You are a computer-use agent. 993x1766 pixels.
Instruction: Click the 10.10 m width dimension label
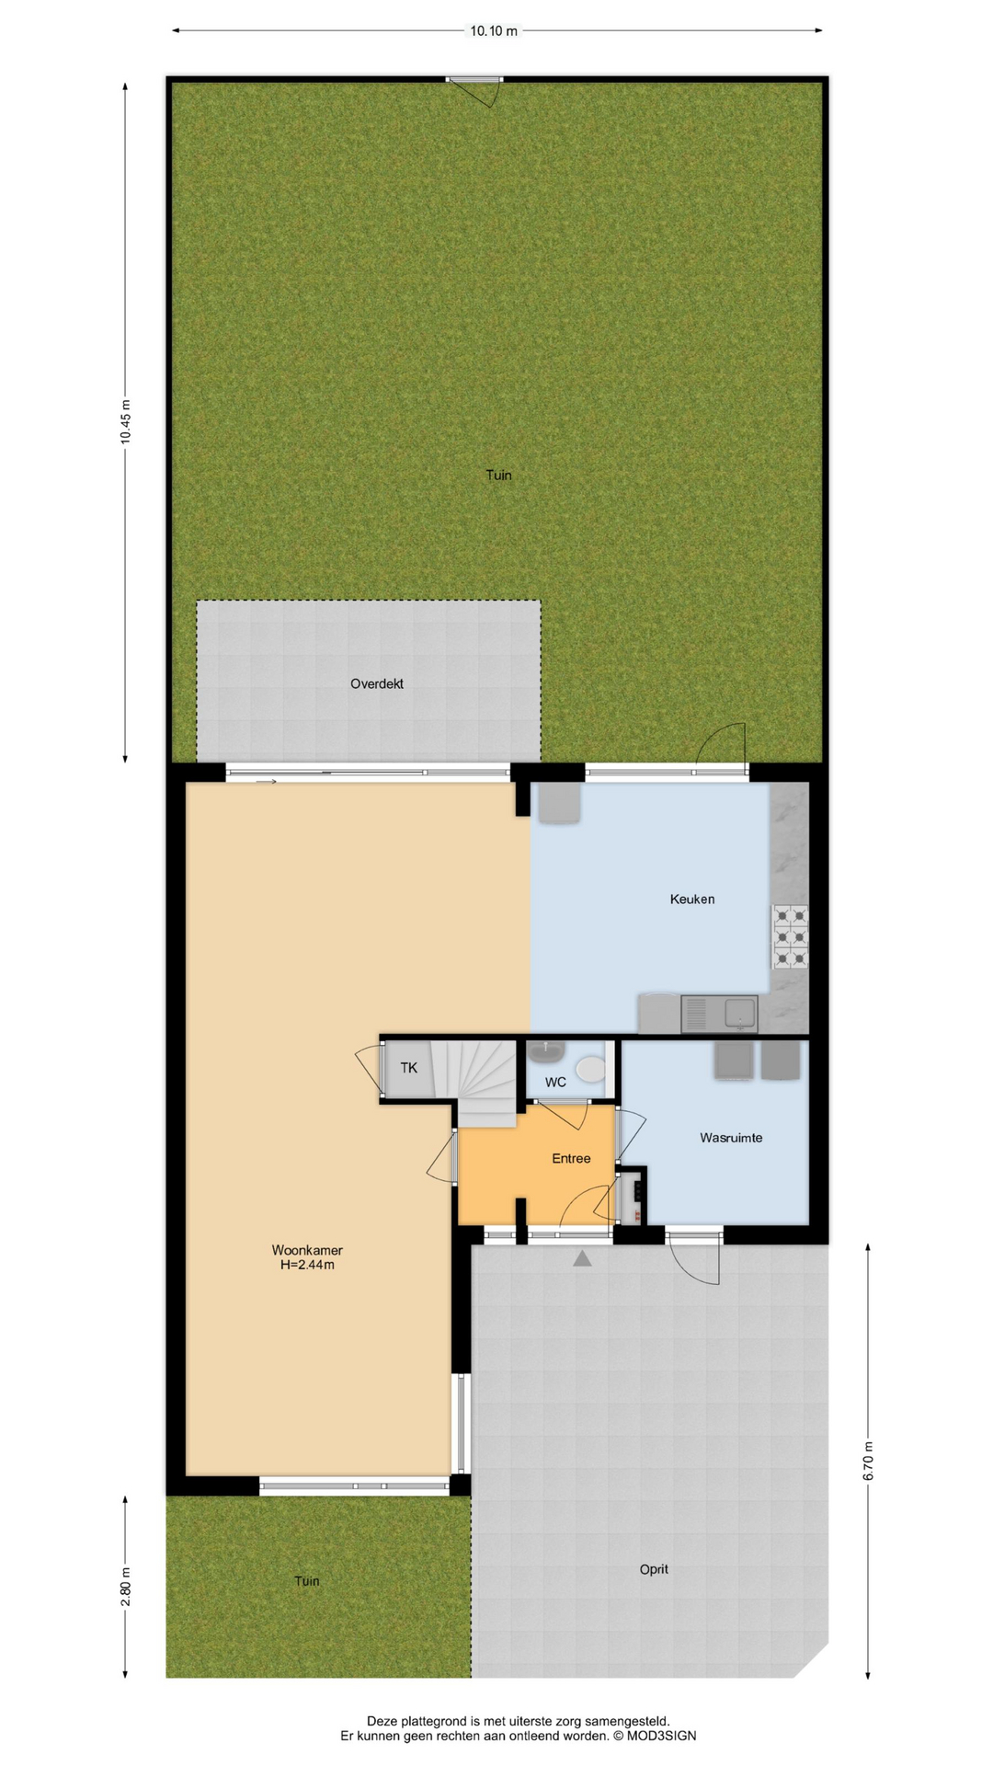tap(494, 31)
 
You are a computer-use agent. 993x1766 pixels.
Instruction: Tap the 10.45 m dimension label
tap(126, 422)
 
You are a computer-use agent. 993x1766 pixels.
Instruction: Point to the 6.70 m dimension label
tap(868, 1461)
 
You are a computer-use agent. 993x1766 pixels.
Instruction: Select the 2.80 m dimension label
tap(126, 1587)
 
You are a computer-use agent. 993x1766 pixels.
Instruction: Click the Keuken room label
tap(692, 900)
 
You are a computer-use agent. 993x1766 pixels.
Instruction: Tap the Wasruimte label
tap(731, 1138)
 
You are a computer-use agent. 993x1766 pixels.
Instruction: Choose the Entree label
tap(571, 1159)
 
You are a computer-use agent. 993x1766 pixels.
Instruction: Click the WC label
tap(555, 1083)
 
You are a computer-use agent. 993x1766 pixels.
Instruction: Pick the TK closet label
tap(409, 1068)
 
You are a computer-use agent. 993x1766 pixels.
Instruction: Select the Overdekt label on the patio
tap(377, 684)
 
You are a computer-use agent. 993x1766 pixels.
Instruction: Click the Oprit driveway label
tap(654, 1569)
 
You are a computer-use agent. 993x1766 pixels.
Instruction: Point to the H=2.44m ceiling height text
tap(307, 1265)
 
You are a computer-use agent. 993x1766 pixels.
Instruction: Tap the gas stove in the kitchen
tap(791, 937)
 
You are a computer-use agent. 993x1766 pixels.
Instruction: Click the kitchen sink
tap(719, 1015)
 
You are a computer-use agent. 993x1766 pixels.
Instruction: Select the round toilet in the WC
tap(590, 1069)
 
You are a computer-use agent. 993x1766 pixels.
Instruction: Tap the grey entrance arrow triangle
tap(582, 1258)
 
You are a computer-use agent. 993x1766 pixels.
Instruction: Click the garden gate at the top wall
tap(475, 89)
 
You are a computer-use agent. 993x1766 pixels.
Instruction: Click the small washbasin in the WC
tap(553, 1048)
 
